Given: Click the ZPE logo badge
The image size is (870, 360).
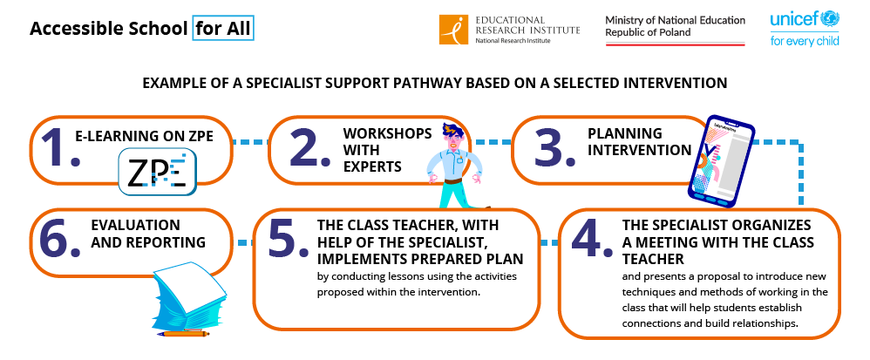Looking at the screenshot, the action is (158, 173).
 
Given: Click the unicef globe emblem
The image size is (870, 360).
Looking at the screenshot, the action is (831, 18).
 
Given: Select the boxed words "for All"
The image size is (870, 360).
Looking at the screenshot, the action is (223, 29).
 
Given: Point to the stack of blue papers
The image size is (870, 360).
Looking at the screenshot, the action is (189, 295).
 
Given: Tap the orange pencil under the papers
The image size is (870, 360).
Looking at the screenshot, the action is (183, 334).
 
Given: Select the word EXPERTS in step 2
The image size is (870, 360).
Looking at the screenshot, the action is (371, 166).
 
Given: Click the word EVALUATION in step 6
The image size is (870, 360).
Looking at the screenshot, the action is (135, 225).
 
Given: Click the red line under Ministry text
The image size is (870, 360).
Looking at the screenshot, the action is (675, 44).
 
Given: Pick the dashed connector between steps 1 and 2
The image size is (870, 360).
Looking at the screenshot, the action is (250, 142).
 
